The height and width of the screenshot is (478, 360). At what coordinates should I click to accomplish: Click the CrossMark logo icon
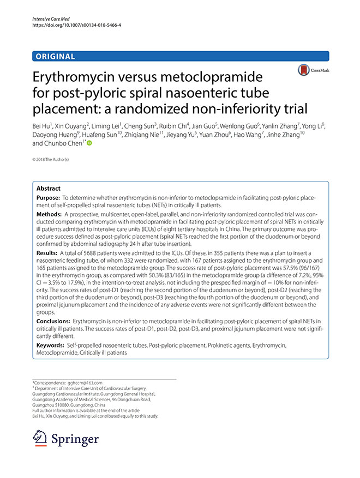coord(301,70)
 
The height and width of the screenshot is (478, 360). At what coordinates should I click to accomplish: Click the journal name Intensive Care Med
coord(48,19)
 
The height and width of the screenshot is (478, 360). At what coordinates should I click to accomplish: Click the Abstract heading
coord(48,188)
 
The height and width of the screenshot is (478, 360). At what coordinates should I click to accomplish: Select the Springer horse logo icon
coord(40,438)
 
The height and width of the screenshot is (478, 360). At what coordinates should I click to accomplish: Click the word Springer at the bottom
coord(75,439)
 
